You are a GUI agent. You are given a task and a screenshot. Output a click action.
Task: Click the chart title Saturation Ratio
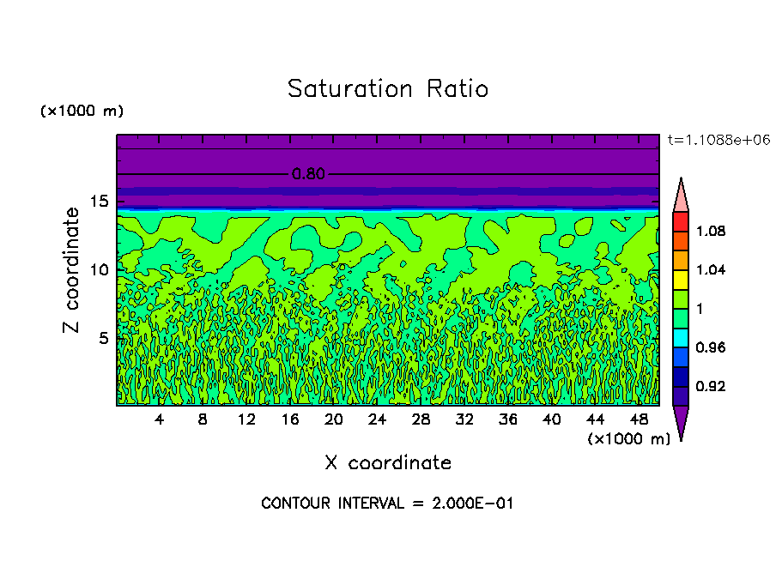(x=388, y=89)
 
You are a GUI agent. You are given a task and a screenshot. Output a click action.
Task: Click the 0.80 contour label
(x=308, y=174)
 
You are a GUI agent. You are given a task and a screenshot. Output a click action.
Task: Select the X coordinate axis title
(x=388, y=463)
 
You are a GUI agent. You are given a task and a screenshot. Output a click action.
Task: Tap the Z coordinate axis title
(x=72, y=270)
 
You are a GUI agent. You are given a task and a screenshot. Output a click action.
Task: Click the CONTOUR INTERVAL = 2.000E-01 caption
(x=387, y=504)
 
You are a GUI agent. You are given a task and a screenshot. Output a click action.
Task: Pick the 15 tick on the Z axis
(x=100, y=202)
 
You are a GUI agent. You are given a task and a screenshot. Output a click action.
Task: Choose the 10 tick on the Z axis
(x=100, y=270)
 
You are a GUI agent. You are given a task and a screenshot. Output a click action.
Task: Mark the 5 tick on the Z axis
(x=104, y=338)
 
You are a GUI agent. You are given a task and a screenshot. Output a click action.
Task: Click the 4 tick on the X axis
(x=159, y=419)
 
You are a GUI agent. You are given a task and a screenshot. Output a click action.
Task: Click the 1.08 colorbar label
(x=712, y=232)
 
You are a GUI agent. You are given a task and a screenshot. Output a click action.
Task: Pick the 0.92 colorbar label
(x=712, y=387)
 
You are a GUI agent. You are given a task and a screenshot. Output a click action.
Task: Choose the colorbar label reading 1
(x=700, y=309)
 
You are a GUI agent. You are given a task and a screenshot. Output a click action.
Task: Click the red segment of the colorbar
(x=681, y=221)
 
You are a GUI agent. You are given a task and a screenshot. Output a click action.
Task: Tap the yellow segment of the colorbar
(x=681, y=280)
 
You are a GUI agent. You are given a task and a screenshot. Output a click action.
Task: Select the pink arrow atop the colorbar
(x=681, y=196)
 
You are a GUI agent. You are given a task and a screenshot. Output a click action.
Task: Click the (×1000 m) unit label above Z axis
(x=82, y=112)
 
